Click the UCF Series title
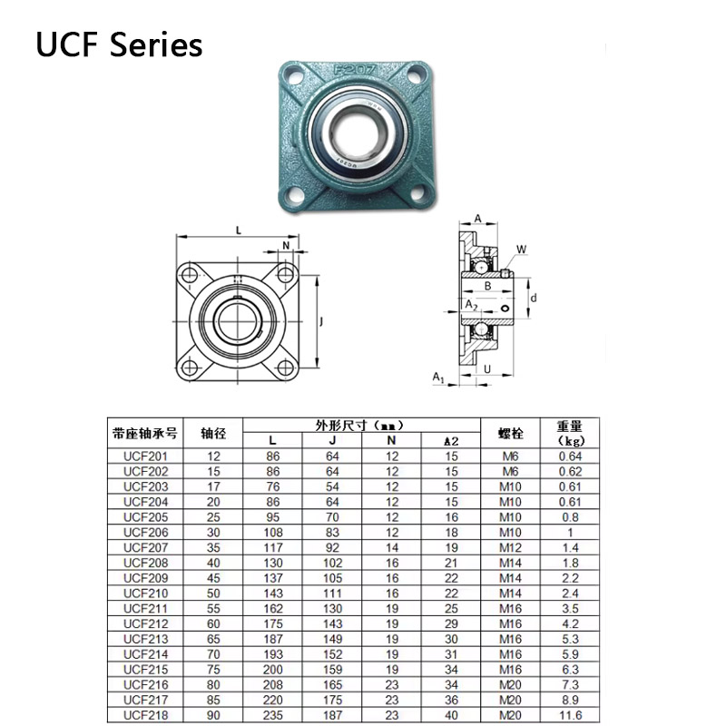point(119,44)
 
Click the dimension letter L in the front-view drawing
point(239,231)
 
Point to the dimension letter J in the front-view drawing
point(322,319)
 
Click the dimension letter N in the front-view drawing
point(286,246)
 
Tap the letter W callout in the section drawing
point(521,250)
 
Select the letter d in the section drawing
point(535,298)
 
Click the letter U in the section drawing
point(487,368)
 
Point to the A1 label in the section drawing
point(437,377)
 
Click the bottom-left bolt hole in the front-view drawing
point(189,367)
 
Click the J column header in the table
point(331,440)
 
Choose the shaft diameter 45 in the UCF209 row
point(214,578)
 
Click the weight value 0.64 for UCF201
point(570,456)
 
